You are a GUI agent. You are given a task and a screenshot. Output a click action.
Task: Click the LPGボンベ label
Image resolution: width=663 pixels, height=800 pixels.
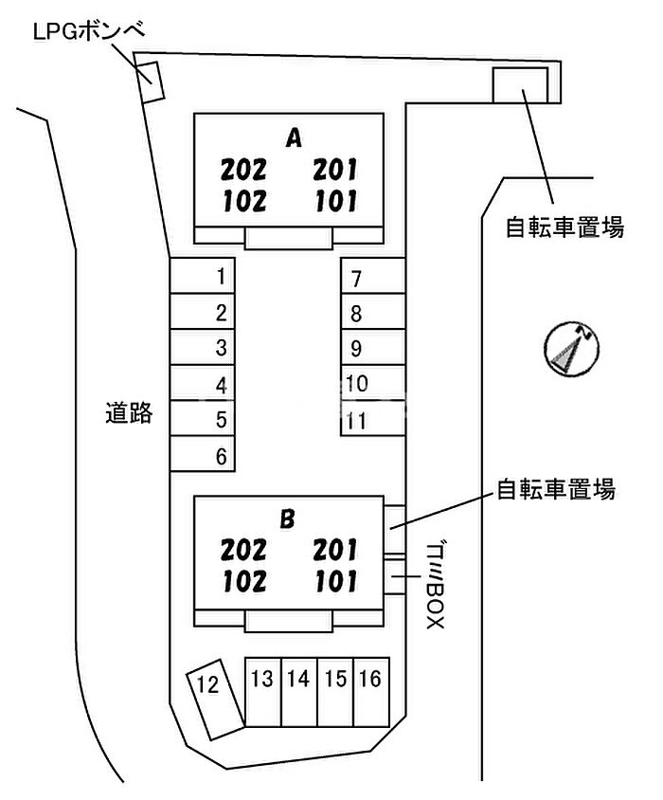pyautogui.click(x=89, y=31)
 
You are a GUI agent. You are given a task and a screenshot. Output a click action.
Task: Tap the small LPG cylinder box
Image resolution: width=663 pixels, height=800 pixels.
pyautogui.click(x=152, y=82)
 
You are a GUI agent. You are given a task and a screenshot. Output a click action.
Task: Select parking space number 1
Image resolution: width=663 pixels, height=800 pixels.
pyautogui.click(x=202, y=276)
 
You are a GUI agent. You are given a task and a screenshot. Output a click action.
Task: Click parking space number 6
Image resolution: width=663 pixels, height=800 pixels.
pyautogui.click(x=202, y=454)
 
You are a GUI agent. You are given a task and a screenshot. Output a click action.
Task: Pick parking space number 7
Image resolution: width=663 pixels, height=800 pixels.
pyautogui.click(x=373, y=276)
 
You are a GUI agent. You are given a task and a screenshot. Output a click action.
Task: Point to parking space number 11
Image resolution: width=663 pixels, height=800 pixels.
pyautogui.click(x=373, y=418)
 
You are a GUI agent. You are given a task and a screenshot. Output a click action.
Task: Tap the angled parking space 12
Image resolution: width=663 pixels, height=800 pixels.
pyautogui.click(x=214, y=699)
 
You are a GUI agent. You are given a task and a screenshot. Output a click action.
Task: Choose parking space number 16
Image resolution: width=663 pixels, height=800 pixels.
pyautogui.click(x=371, y=691)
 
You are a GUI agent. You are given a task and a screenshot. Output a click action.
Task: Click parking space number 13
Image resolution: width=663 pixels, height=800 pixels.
pyautogui.click(x=263, y=691)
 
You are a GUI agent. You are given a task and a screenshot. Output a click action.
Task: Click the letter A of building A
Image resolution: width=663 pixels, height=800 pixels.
pyautogui.click(x=294, y=137)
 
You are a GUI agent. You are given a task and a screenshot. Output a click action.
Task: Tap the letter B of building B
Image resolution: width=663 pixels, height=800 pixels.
pyautogui.click(x=288, y=518)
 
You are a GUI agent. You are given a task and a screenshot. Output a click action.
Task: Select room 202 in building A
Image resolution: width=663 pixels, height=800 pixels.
pyautogui.click(x=243, y=170)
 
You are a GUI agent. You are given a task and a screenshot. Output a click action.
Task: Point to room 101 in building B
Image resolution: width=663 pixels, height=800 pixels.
pyautogui.click(x=336, y=582)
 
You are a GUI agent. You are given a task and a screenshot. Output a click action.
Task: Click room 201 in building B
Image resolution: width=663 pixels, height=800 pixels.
pyautogui.click(x=335, y=550)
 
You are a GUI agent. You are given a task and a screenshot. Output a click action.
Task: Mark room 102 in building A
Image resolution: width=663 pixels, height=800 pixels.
pyautogui.click(x=244, y=201)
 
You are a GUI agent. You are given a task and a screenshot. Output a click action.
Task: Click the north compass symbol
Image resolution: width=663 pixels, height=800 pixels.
pyautogui.click(x=571, y=349)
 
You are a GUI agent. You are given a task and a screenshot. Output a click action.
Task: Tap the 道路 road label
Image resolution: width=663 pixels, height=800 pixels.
pyautogui.click(x=129, y=412)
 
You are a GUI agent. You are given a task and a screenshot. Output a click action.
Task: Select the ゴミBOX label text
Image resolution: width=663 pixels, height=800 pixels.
pyautogui.click(x=436, y=586)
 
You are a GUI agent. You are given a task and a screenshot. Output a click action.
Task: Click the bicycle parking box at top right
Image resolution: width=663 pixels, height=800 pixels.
pyautogui.click(x=520, y=85)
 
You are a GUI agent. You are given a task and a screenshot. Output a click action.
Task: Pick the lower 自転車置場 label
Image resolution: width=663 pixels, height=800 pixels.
pyautogui.click(x=556, y=489)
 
